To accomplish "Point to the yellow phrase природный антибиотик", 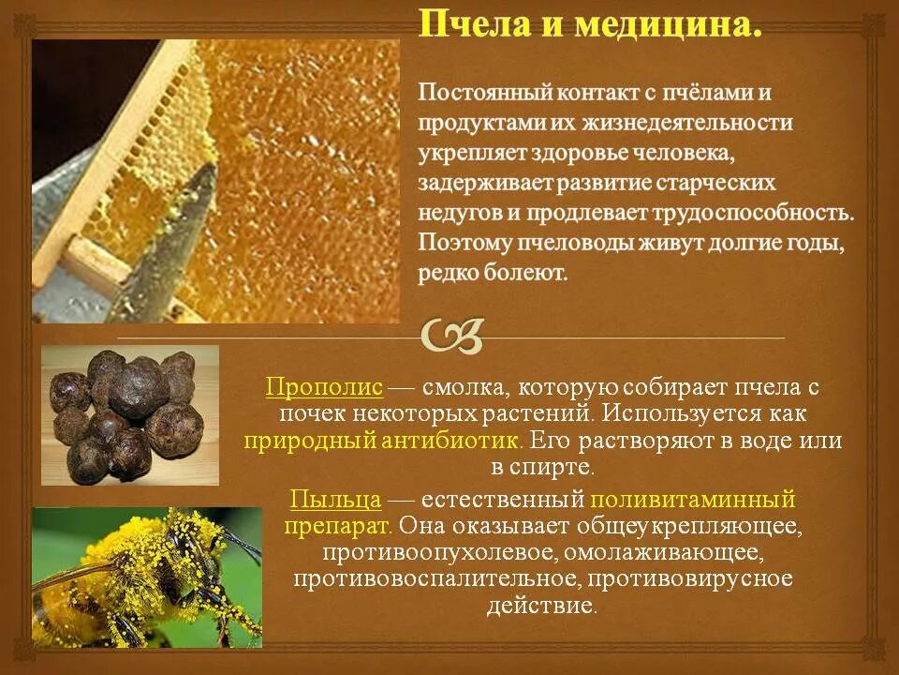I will pyautogui.click(x=383, y=440).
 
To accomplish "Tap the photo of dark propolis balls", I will pyautogui.click(x=130, y=413).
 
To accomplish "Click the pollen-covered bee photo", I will pyautogui.click(x=147, y=577).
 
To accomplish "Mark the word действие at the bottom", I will pyautogui.click(x=541, y=605).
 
